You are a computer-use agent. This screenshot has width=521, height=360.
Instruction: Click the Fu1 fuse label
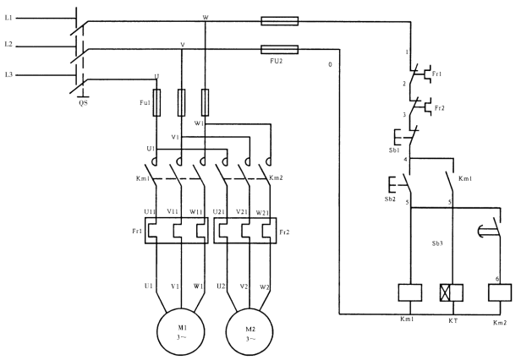click(x=145, y=102)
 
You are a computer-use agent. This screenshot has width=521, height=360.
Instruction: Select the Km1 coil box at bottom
click(x=410, y=292)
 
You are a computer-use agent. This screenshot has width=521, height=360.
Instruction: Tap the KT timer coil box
click(x=450, y=292)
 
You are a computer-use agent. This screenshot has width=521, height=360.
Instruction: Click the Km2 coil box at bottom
click(x=500, y=292)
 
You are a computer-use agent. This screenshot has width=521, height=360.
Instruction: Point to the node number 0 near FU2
click(x=329, y=63)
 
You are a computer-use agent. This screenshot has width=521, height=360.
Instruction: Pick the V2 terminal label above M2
click(x=244, y=286)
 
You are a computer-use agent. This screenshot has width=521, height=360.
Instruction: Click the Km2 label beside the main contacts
click(x=276, y=178)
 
